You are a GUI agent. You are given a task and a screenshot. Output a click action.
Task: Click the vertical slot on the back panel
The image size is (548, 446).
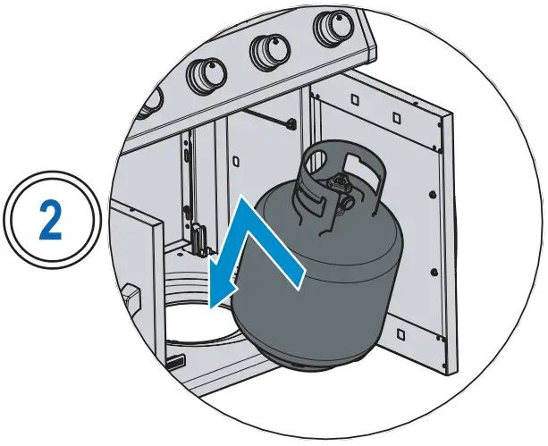pyautogui.click(x=187, y=152)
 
